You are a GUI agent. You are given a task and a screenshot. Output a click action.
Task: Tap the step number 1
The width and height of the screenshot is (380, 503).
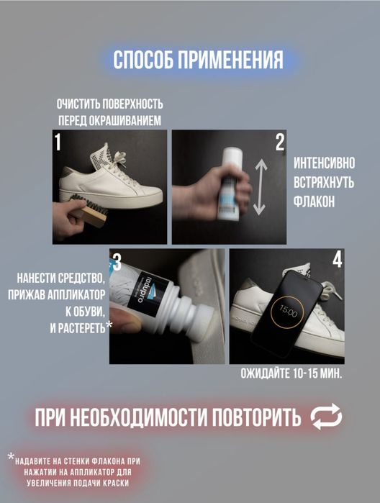58,142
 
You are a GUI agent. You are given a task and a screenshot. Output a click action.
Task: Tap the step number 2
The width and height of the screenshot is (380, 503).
280,142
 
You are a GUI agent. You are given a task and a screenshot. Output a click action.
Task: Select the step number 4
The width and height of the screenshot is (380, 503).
338,260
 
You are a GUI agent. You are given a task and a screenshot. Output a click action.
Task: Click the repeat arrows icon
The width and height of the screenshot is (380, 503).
325,416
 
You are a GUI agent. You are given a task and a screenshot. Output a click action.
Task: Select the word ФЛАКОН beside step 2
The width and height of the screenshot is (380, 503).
314,202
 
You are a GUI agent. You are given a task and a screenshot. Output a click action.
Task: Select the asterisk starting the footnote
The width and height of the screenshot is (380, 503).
11,457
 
